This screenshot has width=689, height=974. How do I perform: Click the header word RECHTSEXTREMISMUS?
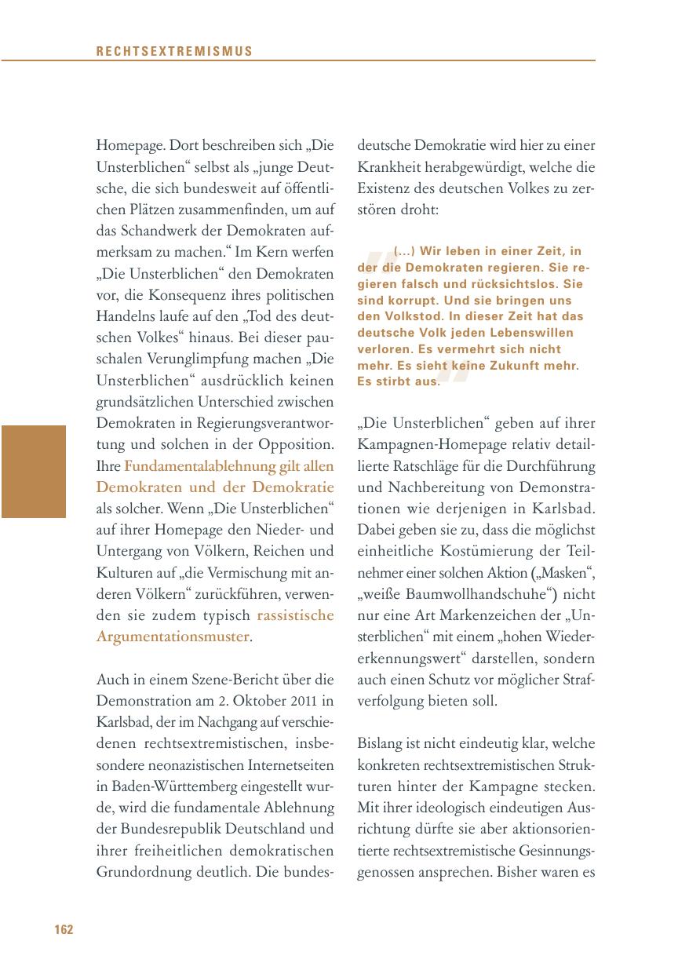click(174, 52)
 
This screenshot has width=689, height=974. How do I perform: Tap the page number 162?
click(64, 930)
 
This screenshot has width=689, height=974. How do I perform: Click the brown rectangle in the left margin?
click(33, 471)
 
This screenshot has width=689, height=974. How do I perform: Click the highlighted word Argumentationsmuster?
click(173, 636)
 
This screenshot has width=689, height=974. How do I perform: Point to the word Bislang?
click(381, 742)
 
